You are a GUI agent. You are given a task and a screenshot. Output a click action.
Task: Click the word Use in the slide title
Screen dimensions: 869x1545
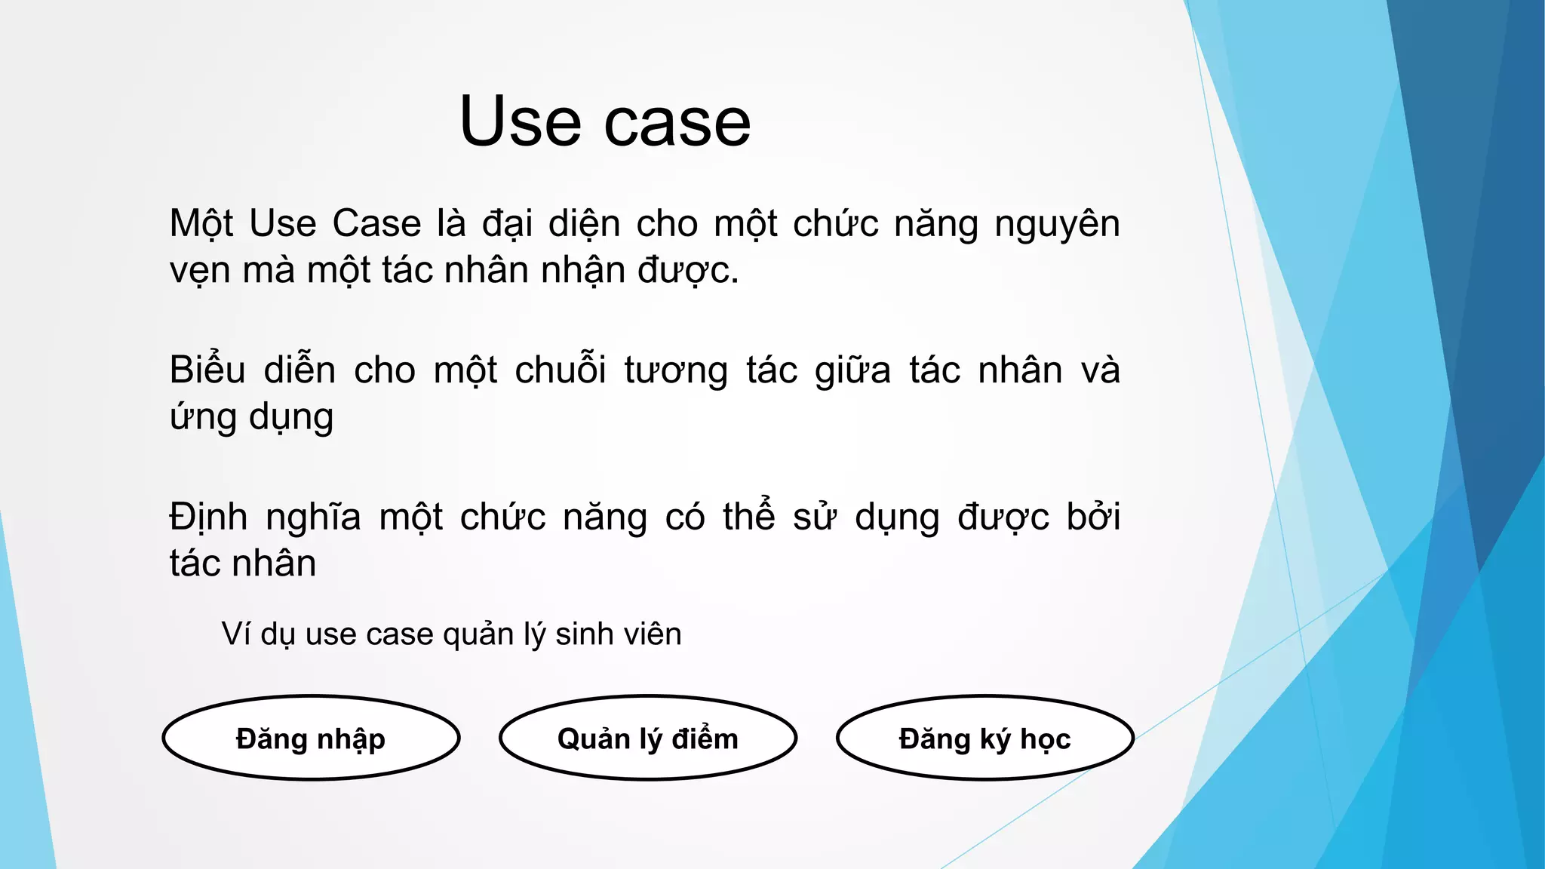point(521,122)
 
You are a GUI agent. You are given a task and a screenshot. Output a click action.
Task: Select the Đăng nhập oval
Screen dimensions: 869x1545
point(311,738)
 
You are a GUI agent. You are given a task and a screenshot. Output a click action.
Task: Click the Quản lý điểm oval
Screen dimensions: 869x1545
point(648,738)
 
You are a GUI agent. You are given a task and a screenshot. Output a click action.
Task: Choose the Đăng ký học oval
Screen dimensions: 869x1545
point(985,738)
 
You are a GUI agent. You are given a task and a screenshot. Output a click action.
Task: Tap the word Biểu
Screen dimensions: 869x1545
point(207,370)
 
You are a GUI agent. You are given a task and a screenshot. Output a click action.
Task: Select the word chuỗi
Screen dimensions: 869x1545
point(561,370)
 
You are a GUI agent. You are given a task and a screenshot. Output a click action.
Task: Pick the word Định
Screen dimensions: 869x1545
point(208,518)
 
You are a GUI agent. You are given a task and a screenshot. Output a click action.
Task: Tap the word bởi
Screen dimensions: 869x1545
point(1093,517)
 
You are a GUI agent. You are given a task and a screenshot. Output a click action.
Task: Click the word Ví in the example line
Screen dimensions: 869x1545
point(235,634)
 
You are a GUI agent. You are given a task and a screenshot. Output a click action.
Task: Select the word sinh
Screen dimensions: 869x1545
point(579,634)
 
